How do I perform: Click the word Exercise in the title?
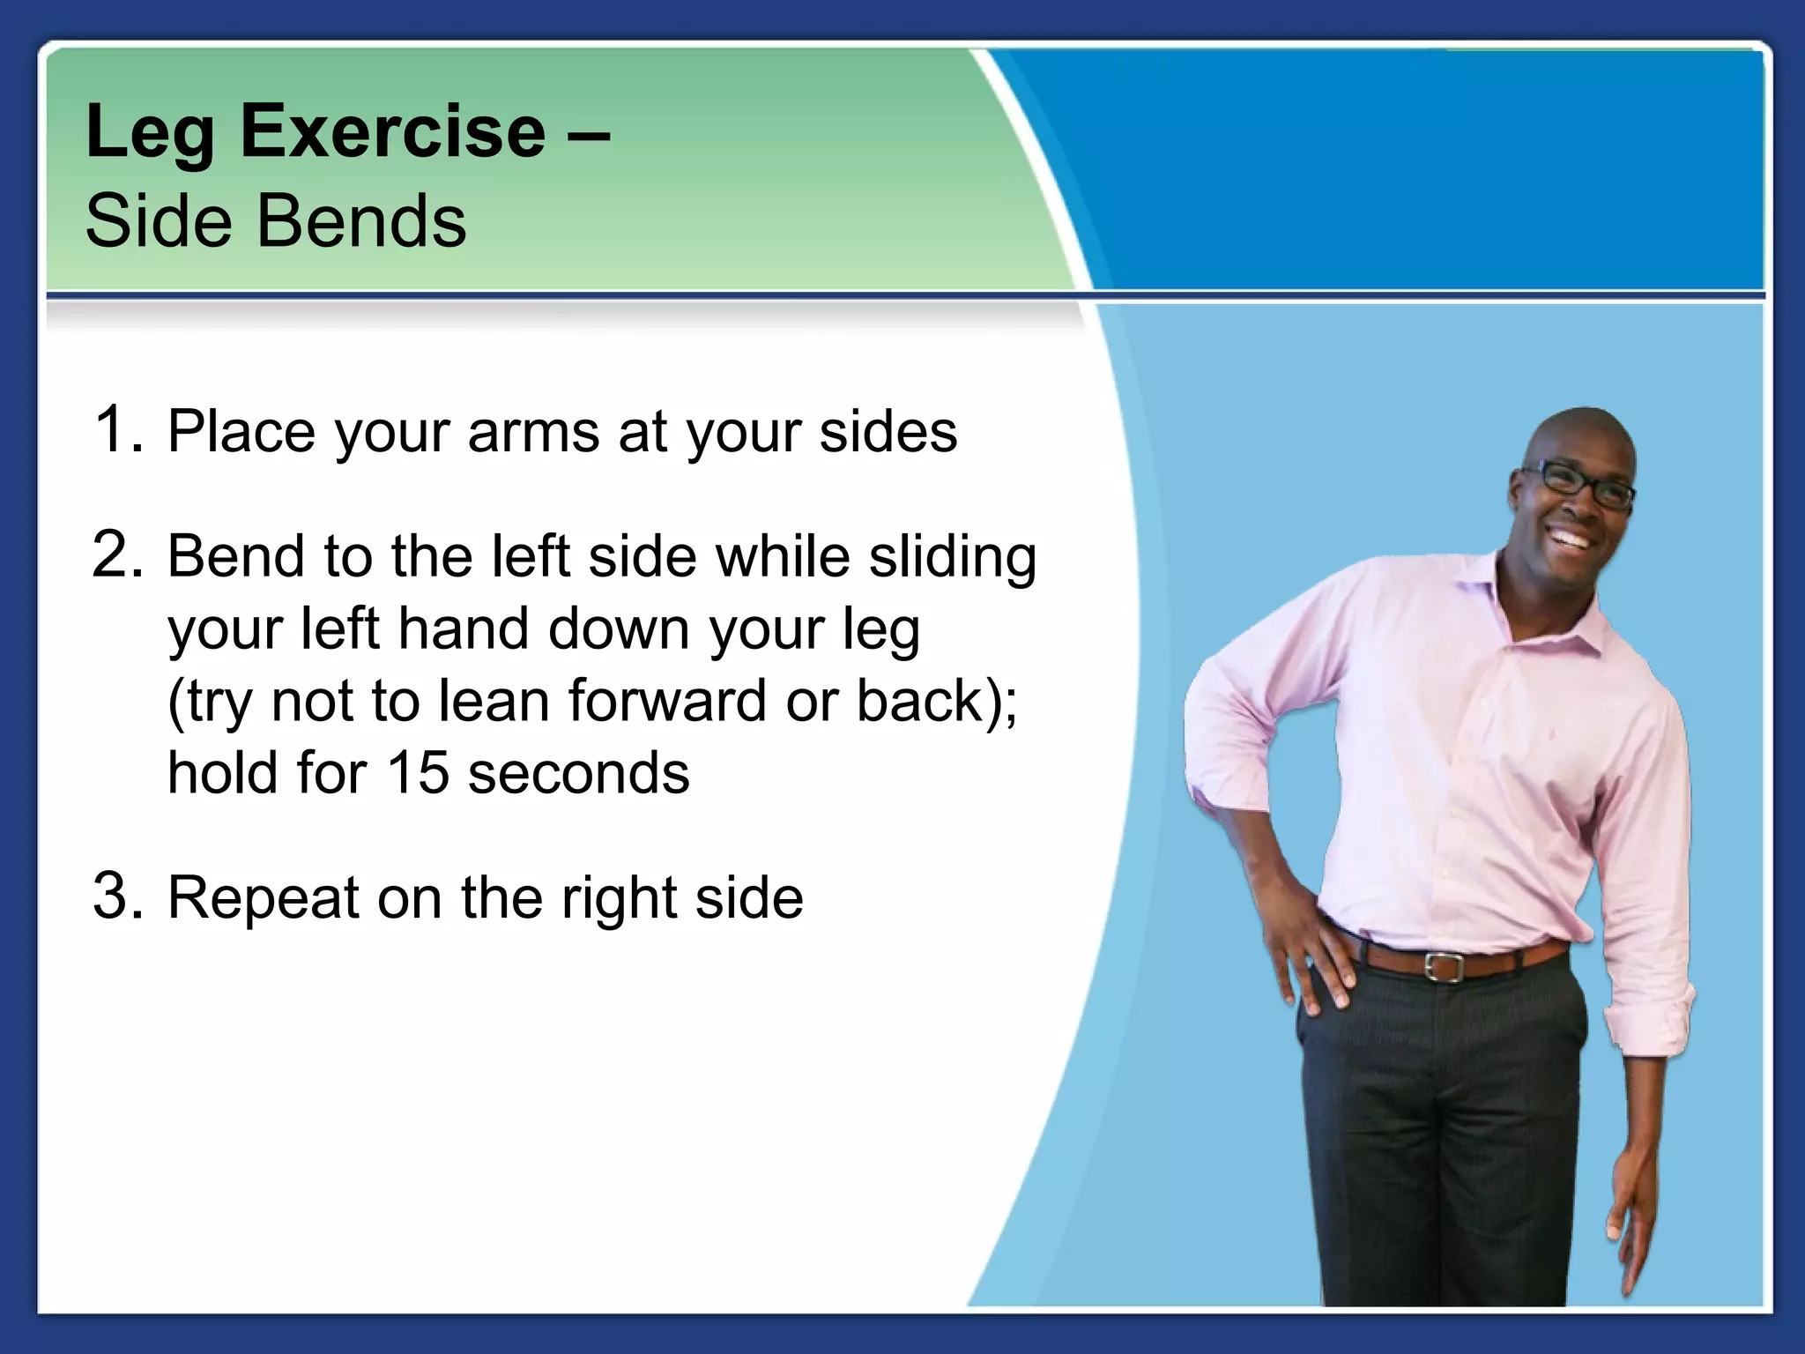[393, 132]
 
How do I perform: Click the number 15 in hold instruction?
[417, 773]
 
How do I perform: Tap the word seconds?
[578, 773]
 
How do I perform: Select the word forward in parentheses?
[666, 702]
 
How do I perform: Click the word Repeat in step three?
[264, 898]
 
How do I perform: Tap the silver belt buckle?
[1443, 964]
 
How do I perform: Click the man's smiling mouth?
[1576, 539]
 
